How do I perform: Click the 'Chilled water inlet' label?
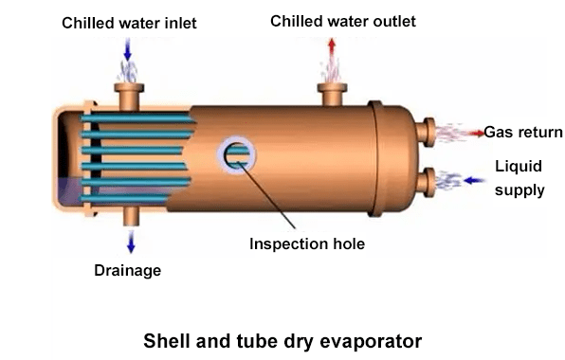pos(129,23)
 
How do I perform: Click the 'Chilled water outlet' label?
pos(342,20)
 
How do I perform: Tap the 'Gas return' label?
pos(523,132)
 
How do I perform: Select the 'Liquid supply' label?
pos(519,178)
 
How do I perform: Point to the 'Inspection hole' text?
pos(307,243)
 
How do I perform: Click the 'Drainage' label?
pos(127,271)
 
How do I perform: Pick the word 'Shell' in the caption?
pos(166,338)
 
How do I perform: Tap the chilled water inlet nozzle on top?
pos(127,94)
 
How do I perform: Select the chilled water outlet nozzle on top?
pos(332,92)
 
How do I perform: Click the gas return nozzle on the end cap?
pos(430,131)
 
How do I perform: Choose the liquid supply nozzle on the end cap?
pos(430,178)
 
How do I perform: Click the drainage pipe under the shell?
pos(130,216)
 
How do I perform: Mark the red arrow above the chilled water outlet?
pos(332,46)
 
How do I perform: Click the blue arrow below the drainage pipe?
pos(130,243)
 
